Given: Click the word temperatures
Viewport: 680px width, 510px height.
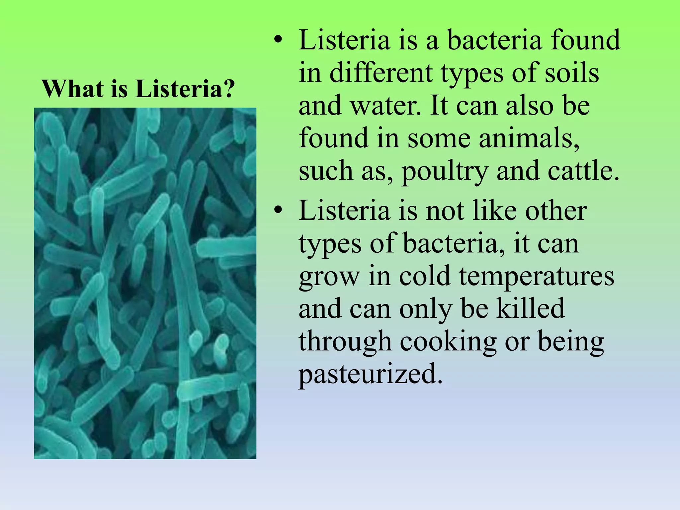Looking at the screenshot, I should tap(537, 277).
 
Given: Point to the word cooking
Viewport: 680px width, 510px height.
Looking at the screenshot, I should tap(448, 342).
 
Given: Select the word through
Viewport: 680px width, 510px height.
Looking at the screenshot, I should tap(345, 342).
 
